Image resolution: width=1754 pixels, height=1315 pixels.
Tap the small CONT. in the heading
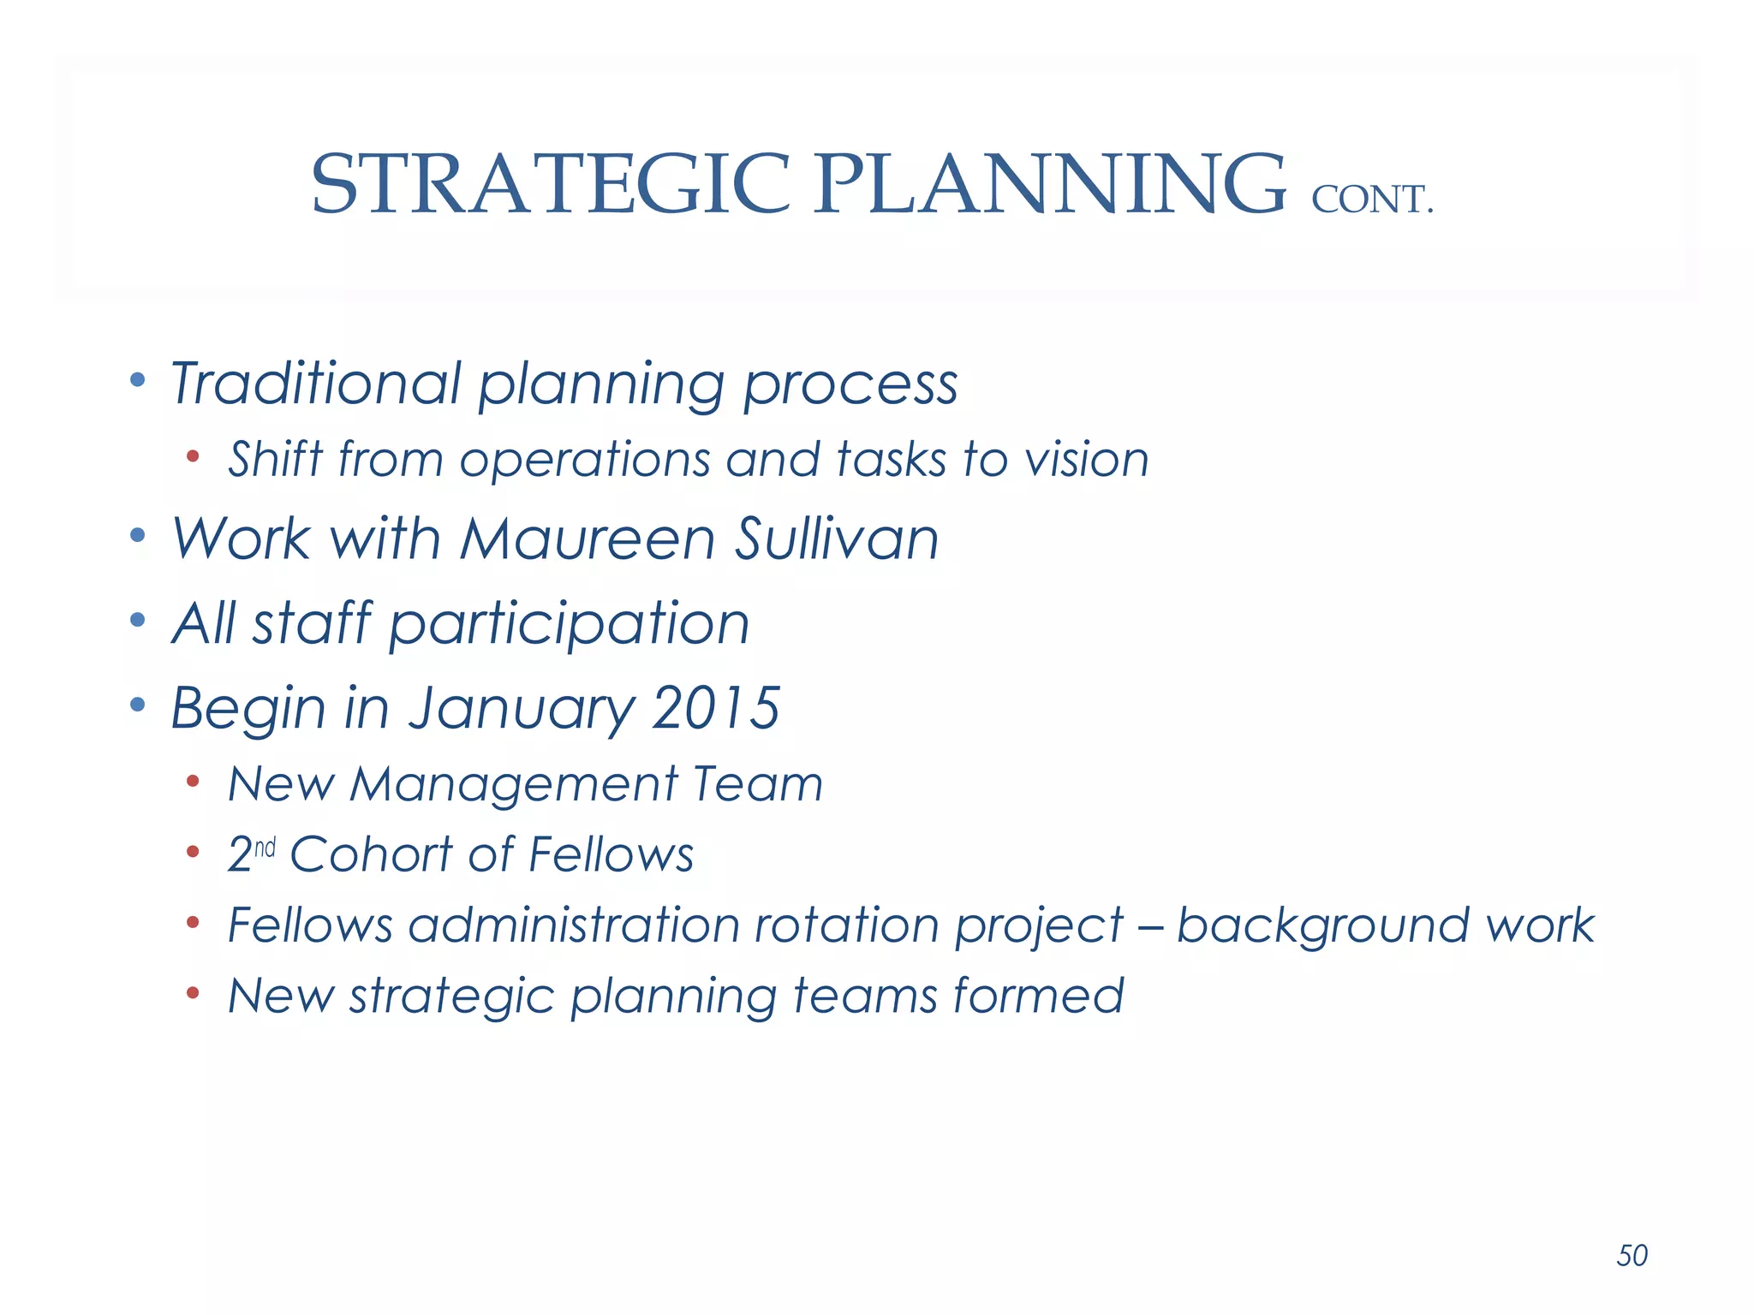(x=1371, y=200)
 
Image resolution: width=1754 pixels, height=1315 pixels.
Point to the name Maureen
(x=588, y=539)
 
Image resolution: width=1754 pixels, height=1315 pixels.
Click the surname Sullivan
(x=837, y=539)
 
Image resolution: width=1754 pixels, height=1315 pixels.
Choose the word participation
(x=570, y=624)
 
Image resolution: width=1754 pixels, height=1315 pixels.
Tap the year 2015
(x=715, y=709)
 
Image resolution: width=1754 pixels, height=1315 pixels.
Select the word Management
(x=514, y=784)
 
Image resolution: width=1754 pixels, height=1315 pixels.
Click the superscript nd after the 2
(x=265, y=848)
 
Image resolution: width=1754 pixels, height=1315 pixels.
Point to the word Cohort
(x=371, y=854)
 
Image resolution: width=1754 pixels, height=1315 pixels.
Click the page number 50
(x=1632, y=1255)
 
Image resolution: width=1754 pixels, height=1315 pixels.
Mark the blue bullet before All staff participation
(x=138, y=619)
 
